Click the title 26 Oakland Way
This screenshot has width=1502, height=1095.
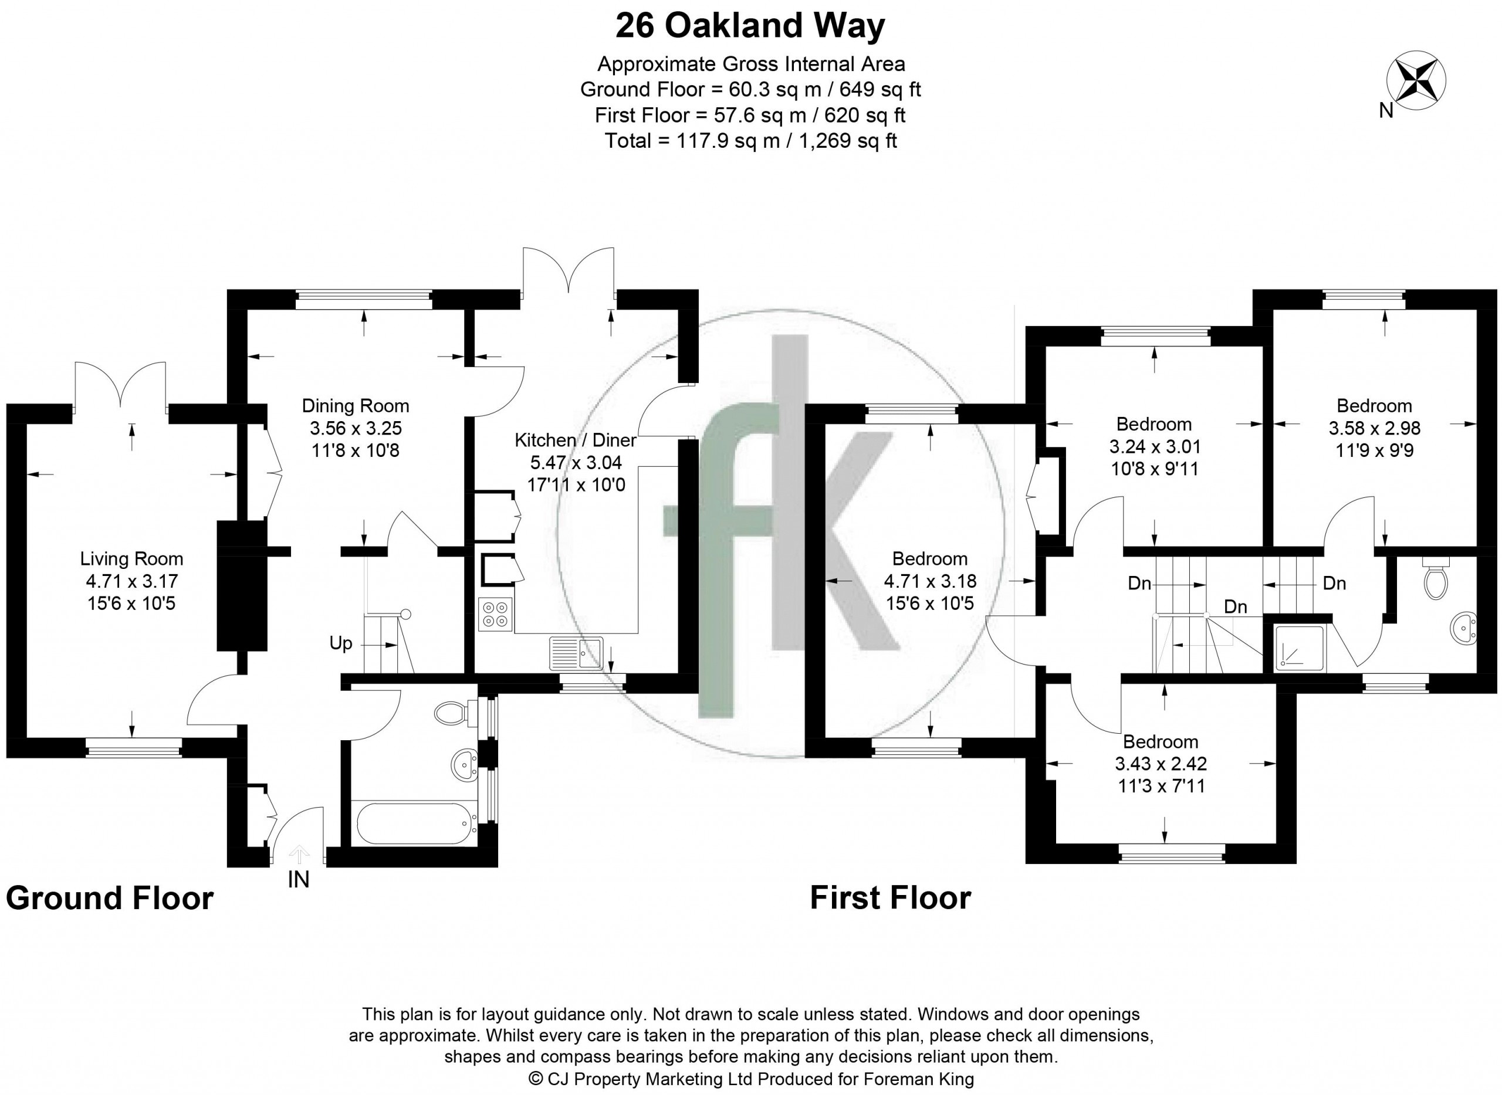(x=750, y=26)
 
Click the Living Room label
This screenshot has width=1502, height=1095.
(x=131, y=559)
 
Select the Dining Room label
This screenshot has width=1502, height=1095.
(x=356, y=406)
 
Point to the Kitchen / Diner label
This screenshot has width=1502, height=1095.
(x=576, y=440)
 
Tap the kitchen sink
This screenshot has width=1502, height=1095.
(x=576, y=653)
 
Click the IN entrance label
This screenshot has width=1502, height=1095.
(x=299, y=880)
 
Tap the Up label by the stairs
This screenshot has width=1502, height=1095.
(x=341, y=643)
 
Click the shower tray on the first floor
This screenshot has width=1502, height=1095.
(x=1301, y=647)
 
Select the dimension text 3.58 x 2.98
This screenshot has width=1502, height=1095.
(x=1374, y=428)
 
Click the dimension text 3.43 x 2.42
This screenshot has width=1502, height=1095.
(x=1161, y=764)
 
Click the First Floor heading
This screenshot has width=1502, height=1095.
(x=891, y=898)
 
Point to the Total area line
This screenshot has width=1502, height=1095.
(x=750, y=141)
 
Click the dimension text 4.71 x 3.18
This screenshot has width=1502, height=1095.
(x=930, y=581)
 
